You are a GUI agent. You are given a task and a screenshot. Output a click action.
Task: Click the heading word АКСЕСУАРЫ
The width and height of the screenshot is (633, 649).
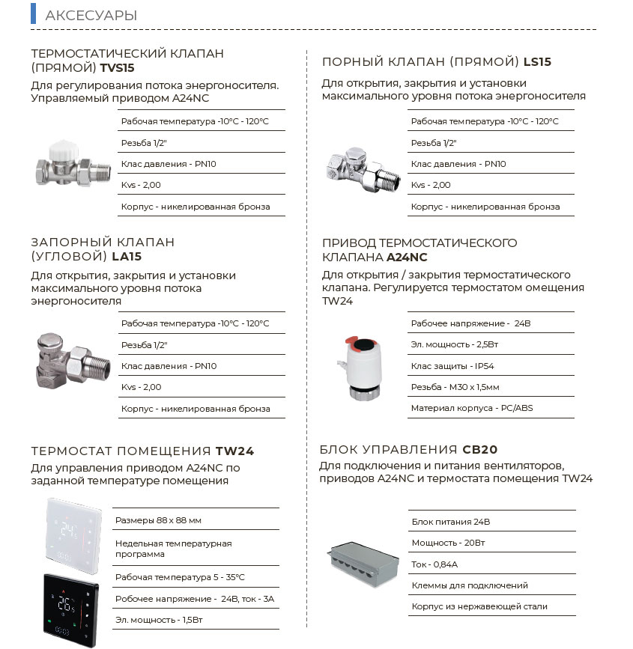pyautogui.click(x=91, y=16)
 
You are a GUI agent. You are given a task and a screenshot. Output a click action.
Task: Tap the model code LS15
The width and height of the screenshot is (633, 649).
pyautogui.click(x=537, y=62)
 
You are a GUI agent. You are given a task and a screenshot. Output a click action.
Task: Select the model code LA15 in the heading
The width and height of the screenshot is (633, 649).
pyautogui.click(x=127, y=256)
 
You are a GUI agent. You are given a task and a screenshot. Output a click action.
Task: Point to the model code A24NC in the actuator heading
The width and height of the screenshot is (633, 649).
pyautogui.click(x=407, y=257)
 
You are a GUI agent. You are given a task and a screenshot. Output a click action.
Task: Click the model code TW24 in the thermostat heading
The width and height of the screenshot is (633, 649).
pyautogui.click(x=234, y=451)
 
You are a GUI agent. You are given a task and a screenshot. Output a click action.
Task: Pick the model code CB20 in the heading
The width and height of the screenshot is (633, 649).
pyautogui.click(x=479, y=450)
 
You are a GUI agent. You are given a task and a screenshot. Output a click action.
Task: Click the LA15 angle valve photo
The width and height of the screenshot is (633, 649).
pyautogui.click(x=68, y=361)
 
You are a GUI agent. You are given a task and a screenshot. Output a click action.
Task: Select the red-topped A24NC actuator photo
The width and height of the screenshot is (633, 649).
pyautogui.click(x=360, y=359)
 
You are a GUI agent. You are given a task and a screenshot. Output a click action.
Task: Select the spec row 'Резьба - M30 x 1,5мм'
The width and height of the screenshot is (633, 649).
pyautogui.click(x=455, y=387)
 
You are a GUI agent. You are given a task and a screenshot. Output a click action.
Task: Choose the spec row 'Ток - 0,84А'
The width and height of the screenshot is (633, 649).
pyautogui.click(x=434, y=564)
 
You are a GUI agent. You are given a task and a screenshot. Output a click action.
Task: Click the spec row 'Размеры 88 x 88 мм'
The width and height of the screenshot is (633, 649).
pyautogui.click(x=158, y=520)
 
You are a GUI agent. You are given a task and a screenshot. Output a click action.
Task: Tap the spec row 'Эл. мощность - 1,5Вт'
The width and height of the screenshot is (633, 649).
pyautogui.click(x=159, y=620)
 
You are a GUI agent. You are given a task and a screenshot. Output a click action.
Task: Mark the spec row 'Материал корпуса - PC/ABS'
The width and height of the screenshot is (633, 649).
pyautogui.click(x=471, y=408)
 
